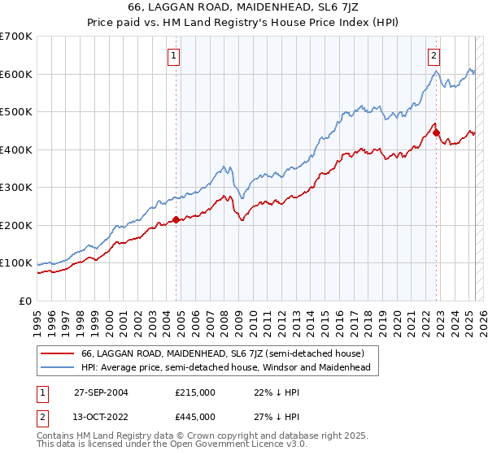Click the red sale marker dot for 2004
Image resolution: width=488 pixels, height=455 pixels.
[176, 219]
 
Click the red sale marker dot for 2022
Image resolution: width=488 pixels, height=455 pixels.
[436, 132]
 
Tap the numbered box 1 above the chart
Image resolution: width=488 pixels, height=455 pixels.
[175, 56]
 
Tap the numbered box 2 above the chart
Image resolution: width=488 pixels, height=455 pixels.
[434, 56]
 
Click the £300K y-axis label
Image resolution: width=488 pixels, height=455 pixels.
[16, 188]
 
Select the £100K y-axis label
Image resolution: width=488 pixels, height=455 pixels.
[16, 263]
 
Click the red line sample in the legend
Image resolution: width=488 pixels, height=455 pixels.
[57, 353]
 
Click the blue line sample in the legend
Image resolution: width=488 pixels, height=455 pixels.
[57, 367]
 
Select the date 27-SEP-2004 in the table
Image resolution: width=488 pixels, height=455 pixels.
[101, 392]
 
